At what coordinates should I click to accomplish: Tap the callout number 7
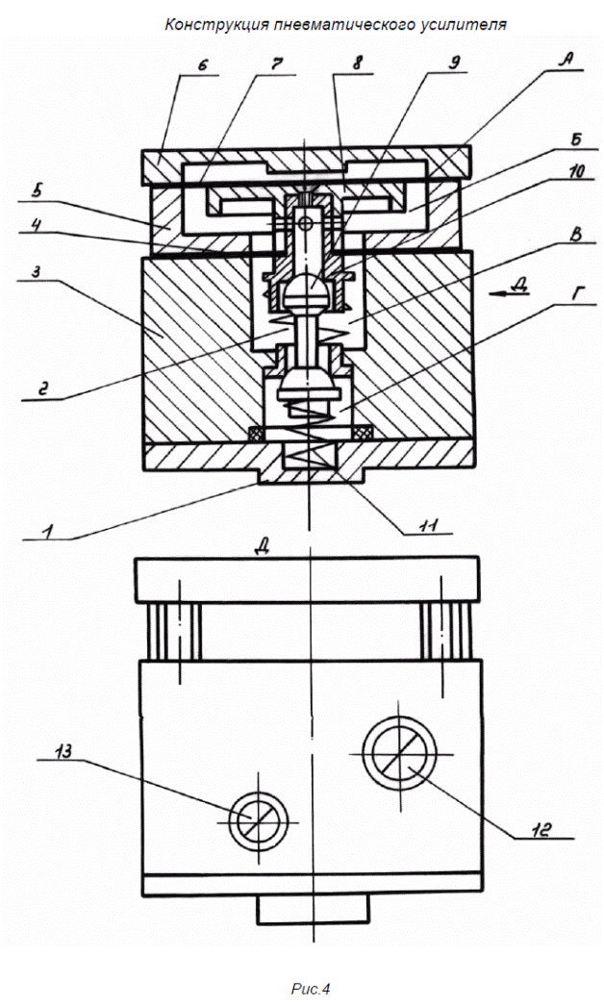click(277, 64)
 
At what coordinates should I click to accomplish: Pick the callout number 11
click(428, 524)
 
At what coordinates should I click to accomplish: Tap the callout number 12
click(541, 829)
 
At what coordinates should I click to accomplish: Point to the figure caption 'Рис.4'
click(310, 989)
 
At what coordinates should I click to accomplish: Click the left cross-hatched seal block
click(256, 435)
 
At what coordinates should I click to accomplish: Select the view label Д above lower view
click(262, 546)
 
